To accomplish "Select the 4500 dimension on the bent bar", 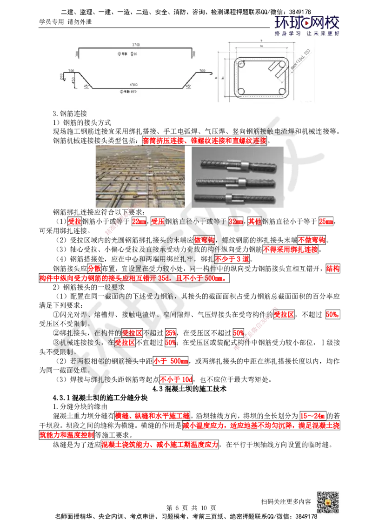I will point(133,84).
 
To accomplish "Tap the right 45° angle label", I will point(188,86).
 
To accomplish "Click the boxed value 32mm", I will point(236,222).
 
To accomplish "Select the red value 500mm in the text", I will point(214,278).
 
